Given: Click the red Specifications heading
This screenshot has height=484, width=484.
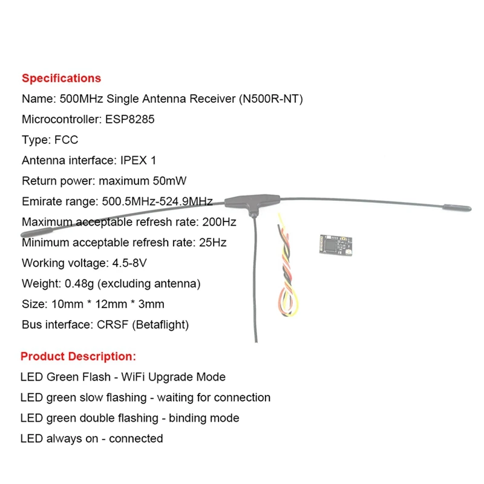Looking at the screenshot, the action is click(61, 78).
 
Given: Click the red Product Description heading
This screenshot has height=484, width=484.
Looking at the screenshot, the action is click(78, 356).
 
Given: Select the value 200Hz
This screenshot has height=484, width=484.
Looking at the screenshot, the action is click(221, 222).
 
